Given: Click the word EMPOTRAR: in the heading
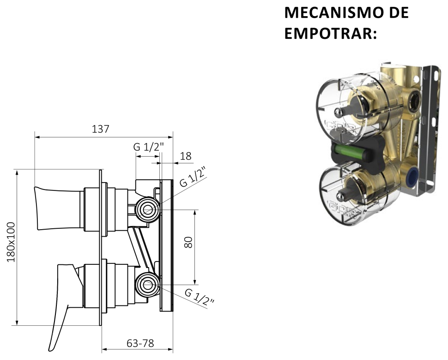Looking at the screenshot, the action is click(x=331, y=33).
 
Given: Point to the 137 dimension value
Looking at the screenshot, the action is click(x=100, y=129).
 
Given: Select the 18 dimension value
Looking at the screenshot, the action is click(x=186, y=156).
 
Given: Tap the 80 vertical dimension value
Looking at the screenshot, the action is click(x=188, y=242).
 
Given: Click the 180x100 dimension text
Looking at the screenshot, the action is click(x=11, y=242).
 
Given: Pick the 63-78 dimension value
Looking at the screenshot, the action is click(x=140, y=343).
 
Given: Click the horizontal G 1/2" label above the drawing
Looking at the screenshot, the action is click(x=149, y=146).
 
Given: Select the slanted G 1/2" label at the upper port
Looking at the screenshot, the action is click(x=193, y=177).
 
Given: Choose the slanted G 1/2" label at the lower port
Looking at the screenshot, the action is click(x=200, y=297).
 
